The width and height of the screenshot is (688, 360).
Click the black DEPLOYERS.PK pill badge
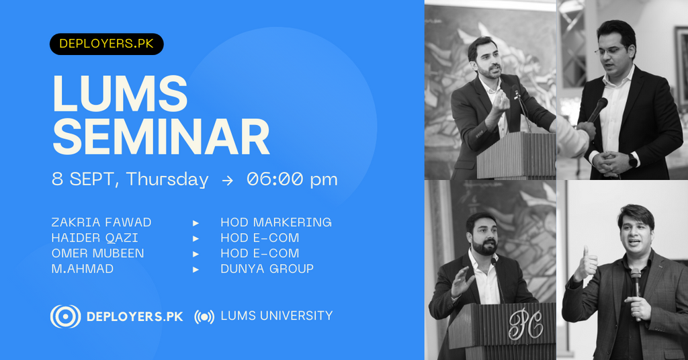(107, 44)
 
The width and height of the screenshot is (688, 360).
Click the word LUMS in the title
(120, 94)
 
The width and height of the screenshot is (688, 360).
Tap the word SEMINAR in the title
(161, 137)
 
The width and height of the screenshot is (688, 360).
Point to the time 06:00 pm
(292, 179)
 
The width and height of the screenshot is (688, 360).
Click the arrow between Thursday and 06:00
(227, 180)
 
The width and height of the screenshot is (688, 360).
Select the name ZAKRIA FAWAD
(101, 222)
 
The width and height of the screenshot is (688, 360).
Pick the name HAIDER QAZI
(95, 238)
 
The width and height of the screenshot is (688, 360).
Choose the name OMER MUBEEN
(97, 253)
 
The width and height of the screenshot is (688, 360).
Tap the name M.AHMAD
(83, 269)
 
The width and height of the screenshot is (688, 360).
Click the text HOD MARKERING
(276, 222)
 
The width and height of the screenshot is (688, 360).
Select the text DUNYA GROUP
(267, 269)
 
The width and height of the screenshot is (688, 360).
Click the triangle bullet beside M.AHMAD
(196, 269)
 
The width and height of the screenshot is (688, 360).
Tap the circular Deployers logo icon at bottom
(65, 316)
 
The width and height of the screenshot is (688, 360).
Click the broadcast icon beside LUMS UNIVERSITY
(204, 316)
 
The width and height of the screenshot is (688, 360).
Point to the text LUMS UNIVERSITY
(276, 316)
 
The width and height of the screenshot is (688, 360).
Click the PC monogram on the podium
(525, 324)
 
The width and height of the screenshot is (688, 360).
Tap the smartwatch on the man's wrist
(633, 160)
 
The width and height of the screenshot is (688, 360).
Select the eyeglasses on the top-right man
(611, 50)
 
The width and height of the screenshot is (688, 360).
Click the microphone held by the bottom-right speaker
(636, 289)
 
